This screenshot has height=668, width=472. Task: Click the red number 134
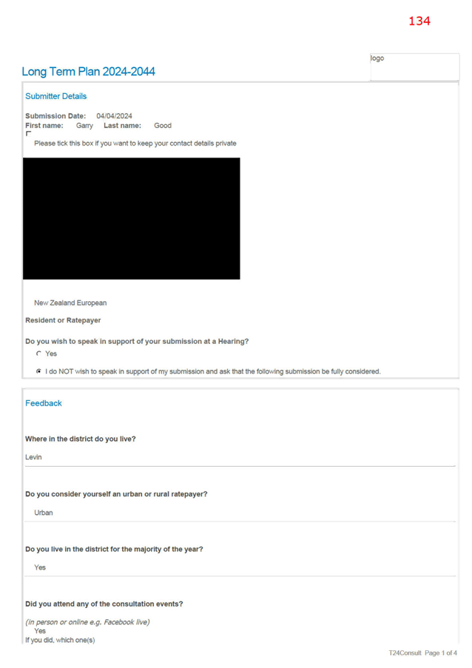point(419,21)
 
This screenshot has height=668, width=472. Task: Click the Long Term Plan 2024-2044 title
point(88,72)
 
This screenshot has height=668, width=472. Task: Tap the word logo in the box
point(377,58)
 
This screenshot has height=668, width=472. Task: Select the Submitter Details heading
point(55,96)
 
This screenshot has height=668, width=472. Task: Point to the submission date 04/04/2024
point(114,116)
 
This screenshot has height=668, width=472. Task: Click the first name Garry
point(84,126)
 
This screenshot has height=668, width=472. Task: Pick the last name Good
point(163,126)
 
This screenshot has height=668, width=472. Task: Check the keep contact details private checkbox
point(29,134)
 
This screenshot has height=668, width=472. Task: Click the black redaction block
point(131,218)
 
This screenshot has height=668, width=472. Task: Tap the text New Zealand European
point(70,303)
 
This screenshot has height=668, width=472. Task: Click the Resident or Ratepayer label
point(63,320)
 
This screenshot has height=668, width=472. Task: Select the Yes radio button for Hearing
point(38,354)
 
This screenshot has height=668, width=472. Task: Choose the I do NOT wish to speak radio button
point(38,371)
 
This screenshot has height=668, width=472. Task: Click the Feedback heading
point(44,403)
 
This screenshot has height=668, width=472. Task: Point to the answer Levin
point(33,457)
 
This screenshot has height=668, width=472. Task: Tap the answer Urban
point(44,513)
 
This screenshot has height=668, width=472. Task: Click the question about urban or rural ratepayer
point(116,494)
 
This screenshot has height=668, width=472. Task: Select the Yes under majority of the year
point(40,567)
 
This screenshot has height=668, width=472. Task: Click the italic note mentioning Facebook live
point(87,622)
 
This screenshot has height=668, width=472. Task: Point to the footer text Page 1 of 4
point(441,652)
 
